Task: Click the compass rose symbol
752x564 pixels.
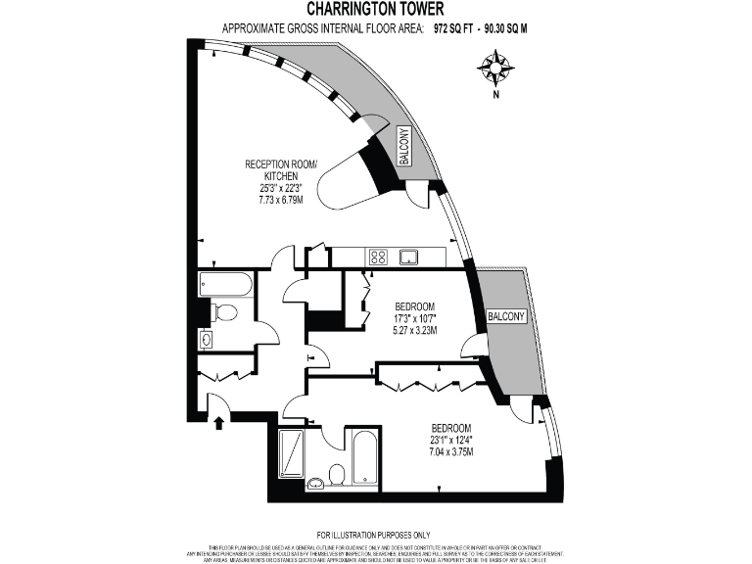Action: (496, 68)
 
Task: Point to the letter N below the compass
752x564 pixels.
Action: (496, 95)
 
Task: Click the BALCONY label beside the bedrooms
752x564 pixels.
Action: (506, 316)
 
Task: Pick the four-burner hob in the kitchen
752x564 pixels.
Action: (378, 258)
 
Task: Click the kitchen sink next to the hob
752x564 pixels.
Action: (409, 258)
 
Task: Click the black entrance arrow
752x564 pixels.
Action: (218, 422)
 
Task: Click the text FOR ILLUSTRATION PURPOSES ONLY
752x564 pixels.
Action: (376, 534)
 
